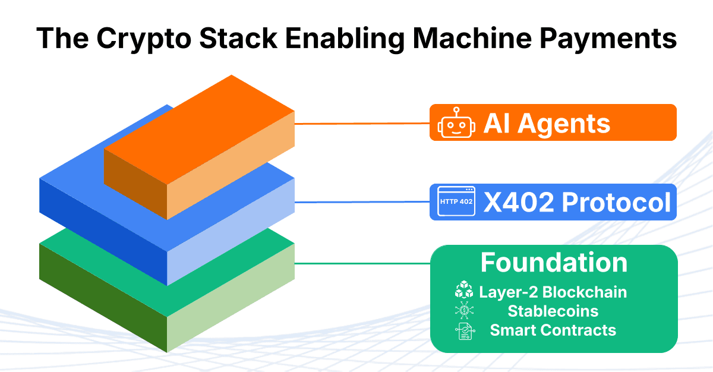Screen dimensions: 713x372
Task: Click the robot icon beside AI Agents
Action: point(456,122)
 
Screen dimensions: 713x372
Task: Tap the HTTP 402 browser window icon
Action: point(456,201)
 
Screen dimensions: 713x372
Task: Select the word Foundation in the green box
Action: point(554,263)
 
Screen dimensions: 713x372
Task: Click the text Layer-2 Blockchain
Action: point(553,292)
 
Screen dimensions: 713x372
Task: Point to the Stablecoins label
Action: point(553,311)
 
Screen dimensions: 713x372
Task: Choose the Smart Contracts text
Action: point(553,330)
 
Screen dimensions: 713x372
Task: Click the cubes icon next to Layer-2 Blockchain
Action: point(464,289)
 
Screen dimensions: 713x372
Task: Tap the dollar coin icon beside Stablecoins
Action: point(465,310)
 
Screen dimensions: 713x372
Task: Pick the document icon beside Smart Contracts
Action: point(465,331)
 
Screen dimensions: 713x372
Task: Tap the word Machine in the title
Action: point(472,38)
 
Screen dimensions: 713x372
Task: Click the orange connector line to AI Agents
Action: point(362,124)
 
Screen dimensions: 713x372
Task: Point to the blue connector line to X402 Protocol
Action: point(362,202)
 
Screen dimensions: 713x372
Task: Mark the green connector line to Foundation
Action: point(362,263)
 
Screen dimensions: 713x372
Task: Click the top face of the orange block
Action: point(199,130)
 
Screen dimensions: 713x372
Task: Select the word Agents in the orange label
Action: point(564,124)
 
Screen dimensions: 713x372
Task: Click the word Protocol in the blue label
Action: point(616,202)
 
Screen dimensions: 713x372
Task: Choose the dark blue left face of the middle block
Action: point(103,232)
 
